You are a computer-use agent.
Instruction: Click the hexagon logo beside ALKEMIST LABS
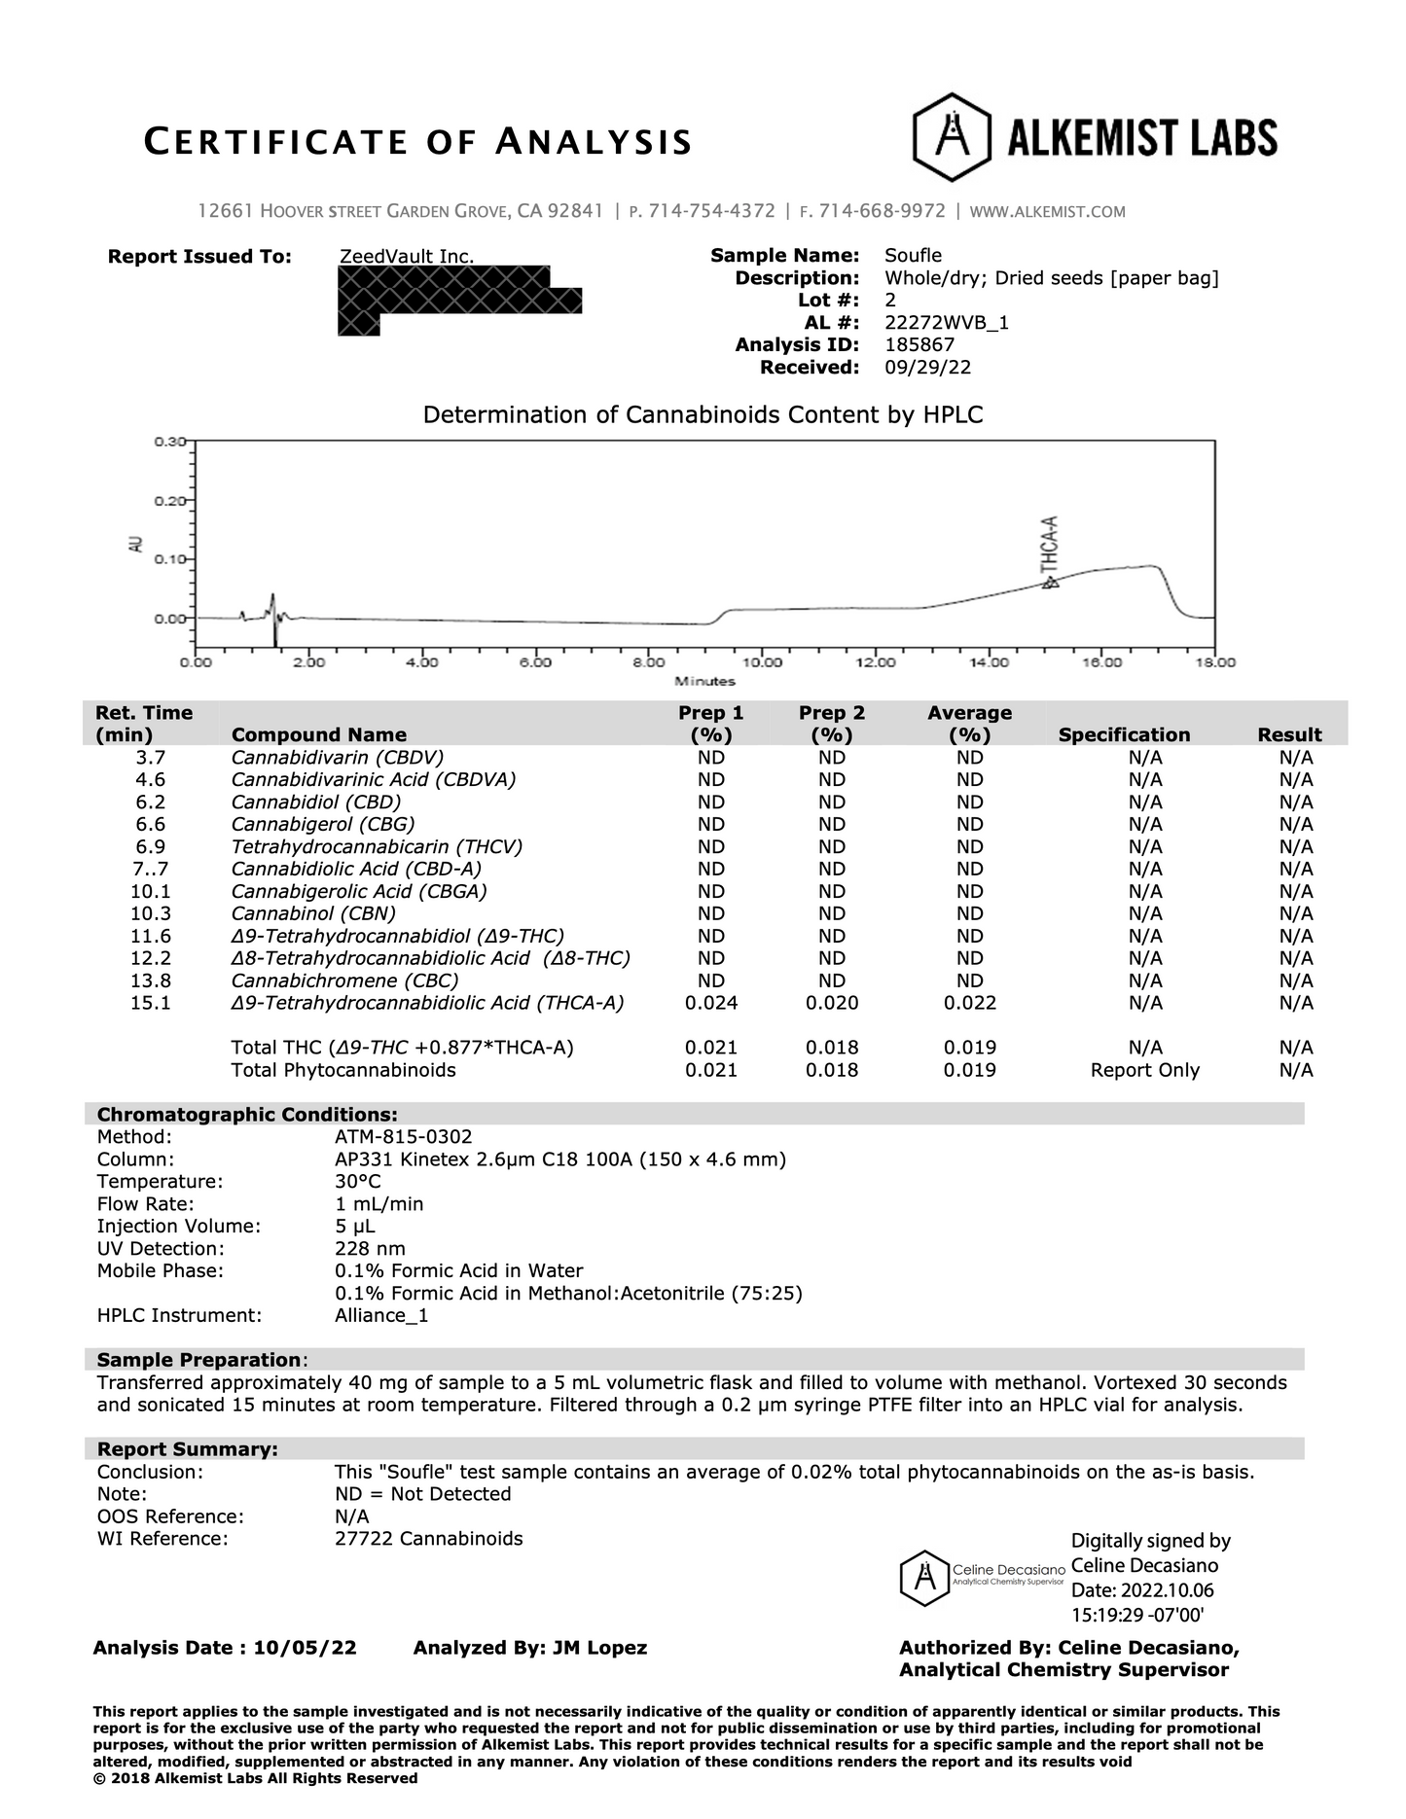tap(952, 137)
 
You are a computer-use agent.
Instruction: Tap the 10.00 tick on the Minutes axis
tap(761, 662)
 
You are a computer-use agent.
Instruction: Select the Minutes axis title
tap(704, 682)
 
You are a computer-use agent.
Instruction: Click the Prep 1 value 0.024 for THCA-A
tap(711, 1003)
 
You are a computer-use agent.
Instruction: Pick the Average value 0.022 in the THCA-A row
tap(969, 1003)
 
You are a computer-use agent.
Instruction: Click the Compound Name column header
tap(318, 735)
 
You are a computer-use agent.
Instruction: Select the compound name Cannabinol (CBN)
tap(313, 913)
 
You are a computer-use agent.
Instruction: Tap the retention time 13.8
tap(150, 981)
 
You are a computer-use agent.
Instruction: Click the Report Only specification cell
tap(1144, 1070)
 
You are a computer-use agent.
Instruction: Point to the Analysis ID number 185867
tap(919, 344)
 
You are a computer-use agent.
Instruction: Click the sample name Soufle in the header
tap(913, 256)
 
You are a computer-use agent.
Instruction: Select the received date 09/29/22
tap(927, 367)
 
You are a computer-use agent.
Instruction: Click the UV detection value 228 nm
tap(370, 1249)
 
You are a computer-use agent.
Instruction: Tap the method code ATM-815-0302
tap(403, 1137)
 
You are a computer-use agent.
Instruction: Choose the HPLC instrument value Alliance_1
tap(381, 1316)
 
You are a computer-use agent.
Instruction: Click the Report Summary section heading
tap(187, 1449)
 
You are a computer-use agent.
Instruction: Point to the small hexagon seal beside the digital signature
tap(923, 1578)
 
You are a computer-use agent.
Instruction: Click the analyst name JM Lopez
tap(599, 1648)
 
